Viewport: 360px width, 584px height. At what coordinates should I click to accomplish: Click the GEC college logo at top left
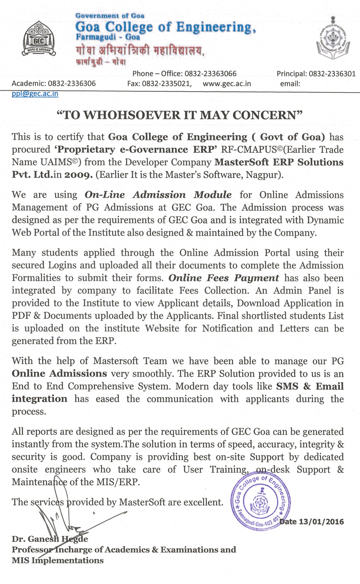[x=39, y=38]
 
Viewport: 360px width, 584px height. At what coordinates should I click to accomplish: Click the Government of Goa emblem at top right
[x=333, y=38]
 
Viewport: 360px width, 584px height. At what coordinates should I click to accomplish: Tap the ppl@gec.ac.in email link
[x=35, y=94]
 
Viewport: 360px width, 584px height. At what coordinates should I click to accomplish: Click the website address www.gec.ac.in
[x=227, y=83]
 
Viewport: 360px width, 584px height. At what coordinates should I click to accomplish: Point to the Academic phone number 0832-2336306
[x=72, y=83]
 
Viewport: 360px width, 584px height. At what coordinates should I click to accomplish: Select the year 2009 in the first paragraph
[x=78, y=175]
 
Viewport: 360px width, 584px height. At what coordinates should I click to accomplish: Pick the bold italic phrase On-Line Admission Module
[x=158, y=195]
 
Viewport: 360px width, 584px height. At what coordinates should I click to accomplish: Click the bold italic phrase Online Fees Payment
[x=223, y=278]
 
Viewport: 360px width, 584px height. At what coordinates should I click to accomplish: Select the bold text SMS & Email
[x=310, y=386]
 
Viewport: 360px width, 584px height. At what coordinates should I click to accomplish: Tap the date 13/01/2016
[x=321, y=522]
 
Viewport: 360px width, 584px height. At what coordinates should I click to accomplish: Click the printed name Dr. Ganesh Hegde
[x=50, y=539]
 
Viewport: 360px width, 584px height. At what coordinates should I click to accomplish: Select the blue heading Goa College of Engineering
[x=165, y=27]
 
